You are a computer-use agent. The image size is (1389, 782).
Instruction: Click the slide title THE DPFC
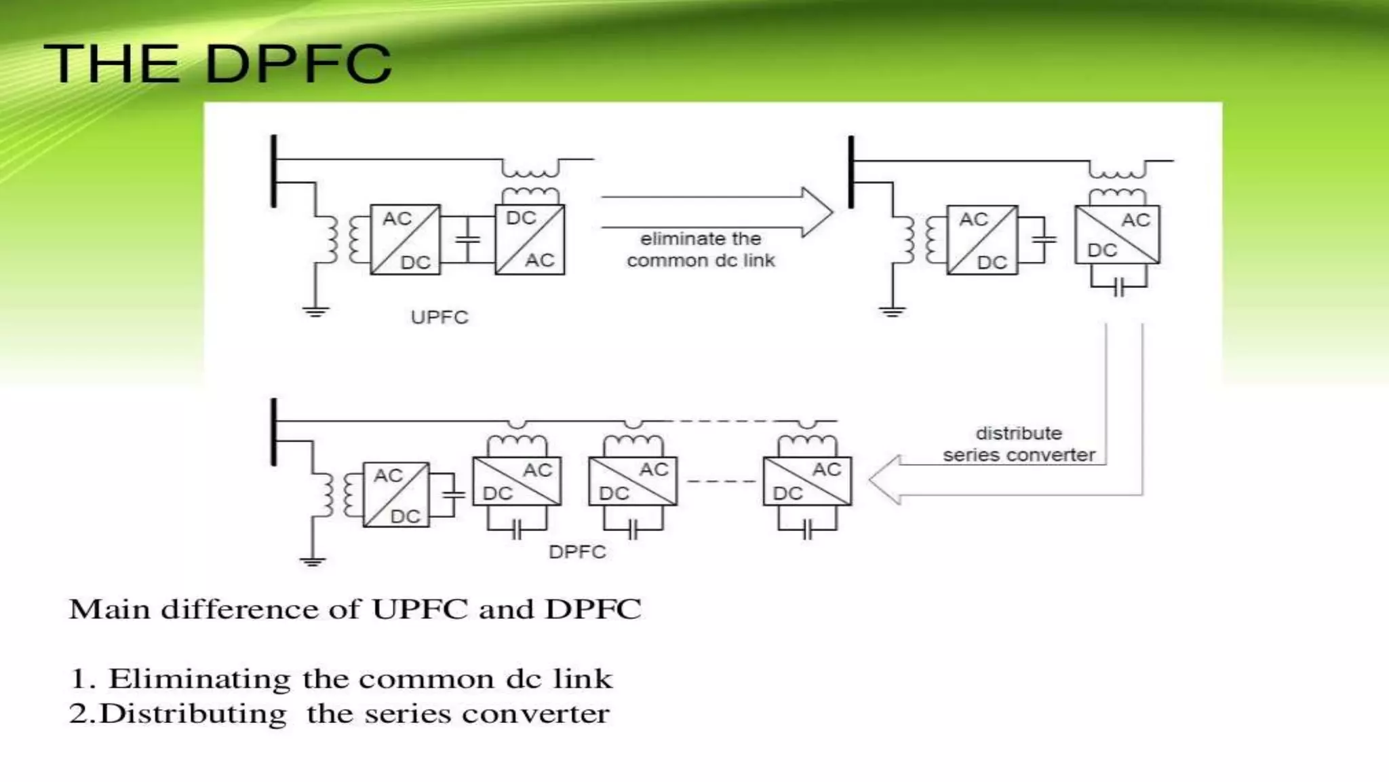[217, 63]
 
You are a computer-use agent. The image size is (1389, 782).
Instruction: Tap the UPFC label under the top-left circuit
[439, 317]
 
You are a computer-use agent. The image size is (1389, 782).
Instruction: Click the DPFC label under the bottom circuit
[577, 552]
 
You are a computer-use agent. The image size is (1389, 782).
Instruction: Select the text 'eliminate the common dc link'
[701, 250]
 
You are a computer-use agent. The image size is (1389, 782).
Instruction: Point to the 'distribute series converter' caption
[1018, 444]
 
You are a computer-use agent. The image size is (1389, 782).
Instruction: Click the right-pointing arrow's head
[818, 212]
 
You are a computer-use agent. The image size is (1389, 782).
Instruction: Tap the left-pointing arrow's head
[884, 479]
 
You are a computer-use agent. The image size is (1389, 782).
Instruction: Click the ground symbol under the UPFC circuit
[315, 312]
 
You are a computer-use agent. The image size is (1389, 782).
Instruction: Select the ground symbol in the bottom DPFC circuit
[312, 561]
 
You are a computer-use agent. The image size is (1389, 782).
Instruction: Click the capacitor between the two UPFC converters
[467, 239]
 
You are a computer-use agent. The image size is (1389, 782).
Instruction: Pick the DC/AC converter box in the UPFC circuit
[530, 240]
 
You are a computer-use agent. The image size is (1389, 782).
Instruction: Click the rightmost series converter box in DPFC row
[807, 481]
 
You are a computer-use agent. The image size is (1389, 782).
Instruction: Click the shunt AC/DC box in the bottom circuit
[396, 495]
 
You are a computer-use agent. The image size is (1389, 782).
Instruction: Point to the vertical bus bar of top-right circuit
[851, 172]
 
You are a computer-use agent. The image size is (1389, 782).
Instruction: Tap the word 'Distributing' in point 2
[193, 714]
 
